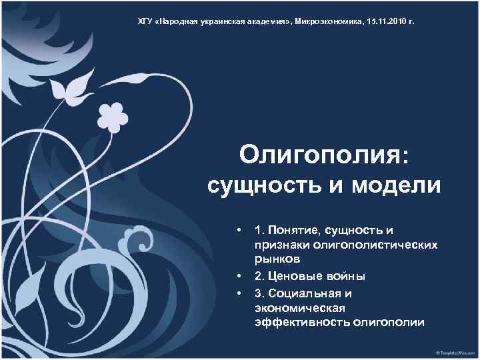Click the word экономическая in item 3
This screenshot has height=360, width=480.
coord(300,308)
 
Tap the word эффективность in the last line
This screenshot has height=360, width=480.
coord(302,323)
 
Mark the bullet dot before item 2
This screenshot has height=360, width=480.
coord(238,276)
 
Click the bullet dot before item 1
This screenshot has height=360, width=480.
coord(238,230)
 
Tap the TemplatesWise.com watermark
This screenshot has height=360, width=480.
coord(453,351)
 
